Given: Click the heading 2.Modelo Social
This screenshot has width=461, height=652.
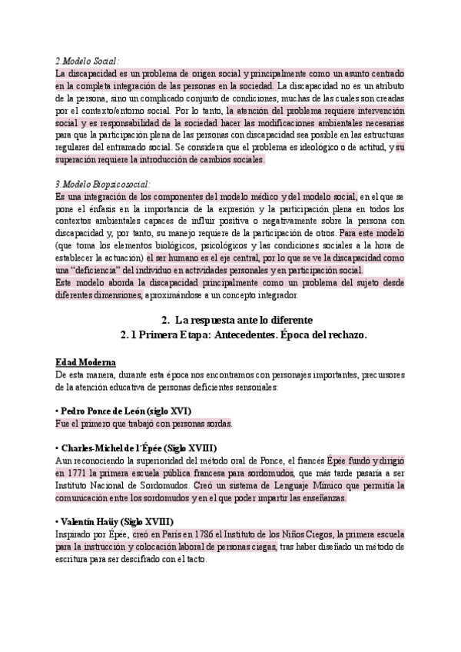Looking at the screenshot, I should pyautogui.click(x=88, y=61).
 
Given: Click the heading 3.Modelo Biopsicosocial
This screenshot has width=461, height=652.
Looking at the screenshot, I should pyautogui.click(x=103, y=185).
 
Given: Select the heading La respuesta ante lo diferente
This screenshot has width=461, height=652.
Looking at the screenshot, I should pyautogui.click(x=234, y=319).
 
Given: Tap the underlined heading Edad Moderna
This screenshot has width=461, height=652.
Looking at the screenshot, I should pyautogui.click(x=86, y=362).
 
